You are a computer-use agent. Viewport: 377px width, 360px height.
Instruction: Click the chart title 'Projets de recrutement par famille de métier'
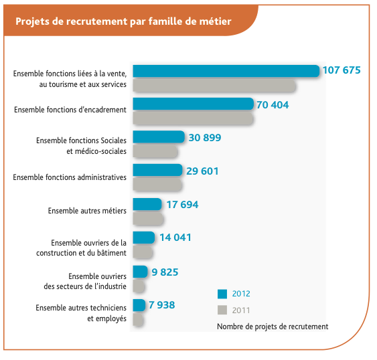coord(123,21)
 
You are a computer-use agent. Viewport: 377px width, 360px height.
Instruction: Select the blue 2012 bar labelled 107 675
coord(226,71)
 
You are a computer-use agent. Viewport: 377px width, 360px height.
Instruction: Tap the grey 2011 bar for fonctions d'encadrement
coord(193,118)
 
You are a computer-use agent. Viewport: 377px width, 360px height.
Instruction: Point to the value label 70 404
coord(273,105)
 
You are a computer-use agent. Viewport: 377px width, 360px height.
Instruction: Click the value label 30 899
coord(205,138)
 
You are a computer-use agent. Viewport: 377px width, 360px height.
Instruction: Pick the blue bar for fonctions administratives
coord(157,170)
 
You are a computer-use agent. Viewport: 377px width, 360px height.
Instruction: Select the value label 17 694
coord(182,205)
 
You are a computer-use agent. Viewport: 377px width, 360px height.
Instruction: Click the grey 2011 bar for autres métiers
coord(148,219)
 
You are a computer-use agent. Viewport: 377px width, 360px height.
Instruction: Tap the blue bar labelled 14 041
coord(144,238)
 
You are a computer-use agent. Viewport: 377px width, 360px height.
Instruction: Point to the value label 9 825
coord(165,272)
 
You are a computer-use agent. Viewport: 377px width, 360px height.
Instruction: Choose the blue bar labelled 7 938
coord(139,305)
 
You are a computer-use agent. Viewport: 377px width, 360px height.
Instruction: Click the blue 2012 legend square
coord(222,294)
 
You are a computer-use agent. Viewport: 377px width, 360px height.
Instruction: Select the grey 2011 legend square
coord(222,310)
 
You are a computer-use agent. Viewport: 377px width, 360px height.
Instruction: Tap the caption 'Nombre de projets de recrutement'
coord(273,327)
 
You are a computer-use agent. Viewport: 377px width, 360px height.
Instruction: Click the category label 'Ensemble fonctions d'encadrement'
coord(70,110)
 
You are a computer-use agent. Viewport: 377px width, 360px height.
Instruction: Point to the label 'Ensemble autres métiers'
coord(87,211)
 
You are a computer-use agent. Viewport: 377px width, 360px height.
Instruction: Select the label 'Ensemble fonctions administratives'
coord(70,177)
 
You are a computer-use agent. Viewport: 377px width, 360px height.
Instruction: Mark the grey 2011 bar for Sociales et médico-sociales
coord(155,151)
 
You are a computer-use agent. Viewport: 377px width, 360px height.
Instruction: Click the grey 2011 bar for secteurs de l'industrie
coord(139,286)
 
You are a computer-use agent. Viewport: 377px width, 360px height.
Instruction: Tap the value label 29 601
coord(202,171)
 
